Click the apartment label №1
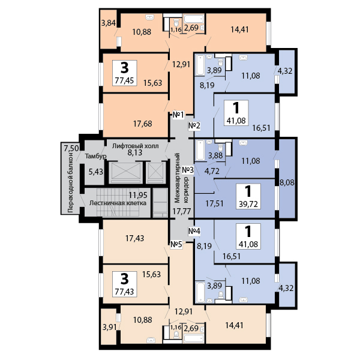(178, 115)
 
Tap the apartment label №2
(194, 125)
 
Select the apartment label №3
(188, 170)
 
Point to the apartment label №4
(194, 231)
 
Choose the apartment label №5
(176, 245)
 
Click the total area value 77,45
(124, 80)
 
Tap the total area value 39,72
(248, 204)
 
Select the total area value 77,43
(124, 292)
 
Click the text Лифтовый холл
(135, 146)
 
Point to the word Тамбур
(96, 156)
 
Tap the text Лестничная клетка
(118, 203)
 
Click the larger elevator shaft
(125, 172)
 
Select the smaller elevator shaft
(156, 172)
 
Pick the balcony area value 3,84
(109, 23)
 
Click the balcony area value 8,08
(287, 182)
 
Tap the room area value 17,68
(143, 124)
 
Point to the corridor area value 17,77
(182, 211)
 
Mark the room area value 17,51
(214, 203)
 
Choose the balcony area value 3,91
(110, 327)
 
